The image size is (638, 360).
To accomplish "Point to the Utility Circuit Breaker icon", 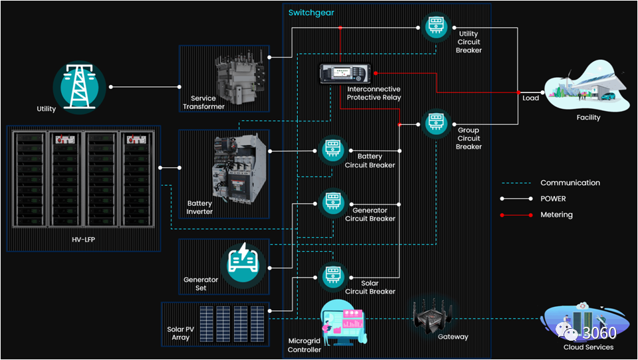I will point(436,27).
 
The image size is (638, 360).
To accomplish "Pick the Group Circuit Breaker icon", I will point(436,122).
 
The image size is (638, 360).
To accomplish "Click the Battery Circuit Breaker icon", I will point(331,150).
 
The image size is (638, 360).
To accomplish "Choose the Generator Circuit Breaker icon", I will point(331,203).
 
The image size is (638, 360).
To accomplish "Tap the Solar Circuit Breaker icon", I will point(331,276).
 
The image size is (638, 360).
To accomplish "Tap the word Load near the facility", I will point(531,98).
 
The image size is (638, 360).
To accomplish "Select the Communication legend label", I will point(570,183).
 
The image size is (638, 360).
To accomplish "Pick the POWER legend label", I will point(554,199).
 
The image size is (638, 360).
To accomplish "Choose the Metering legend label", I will point(556,215).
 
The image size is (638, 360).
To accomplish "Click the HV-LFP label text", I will point(84,239).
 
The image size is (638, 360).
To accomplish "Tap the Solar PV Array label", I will point(180,333).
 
